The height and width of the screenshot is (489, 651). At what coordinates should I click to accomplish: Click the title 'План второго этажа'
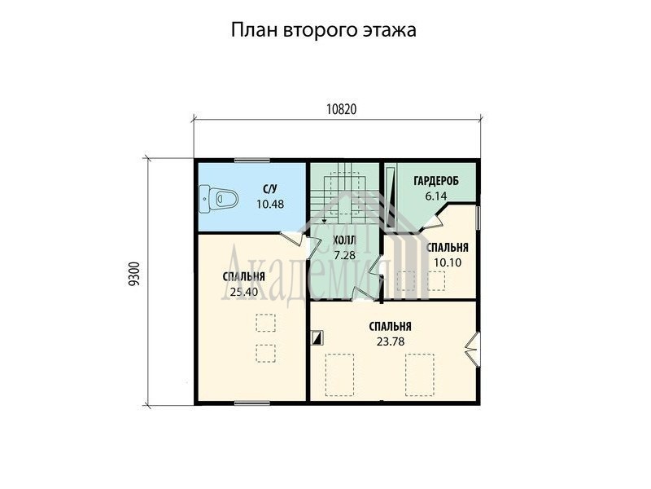click(x=323, y=31)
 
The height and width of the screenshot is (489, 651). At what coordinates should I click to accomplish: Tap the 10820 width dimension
click(x=341, y=109)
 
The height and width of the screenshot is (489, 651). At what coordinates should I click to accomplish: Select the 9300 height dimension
click(x=134, y=274)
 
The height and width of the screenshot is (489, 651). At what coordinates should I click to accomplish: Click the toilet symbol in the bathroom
click(x=218, y=199)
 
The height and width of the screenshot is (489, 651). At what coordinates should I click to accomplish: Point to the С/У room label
click(x=270, y=190)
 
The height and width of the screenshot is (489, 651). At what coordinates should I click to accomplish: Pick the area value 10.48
click(x=270, y=205)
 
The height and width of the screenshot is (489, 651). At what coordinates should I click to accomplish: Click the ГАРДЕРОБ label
click(x=436, y=181)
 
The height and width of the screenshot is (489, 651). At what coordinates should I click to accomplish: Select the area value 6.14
click(x=435, y=196)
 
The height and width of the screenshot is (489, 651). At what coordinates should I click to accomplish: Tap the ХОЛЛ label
click(x=344, y=240)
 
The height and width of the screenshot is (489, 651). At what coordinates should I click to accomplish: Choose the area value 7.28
click(x=344, y=255)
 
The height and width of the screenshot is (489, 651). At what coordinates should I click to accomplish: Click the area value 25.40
click(x=244, y=292)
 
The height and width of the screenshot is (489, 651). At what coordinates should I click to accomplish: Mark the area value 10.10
click(x=448, y=262)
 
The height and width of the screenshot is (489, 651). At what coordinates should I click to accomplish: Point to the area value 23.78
click(x=391, y=341)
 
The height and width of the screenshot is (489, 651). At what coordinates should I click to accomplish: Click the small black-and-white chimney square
click(x=317, y=337)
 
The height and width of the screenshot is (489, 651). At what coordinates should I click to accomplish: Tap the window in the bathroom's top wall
click(x=252, y=161)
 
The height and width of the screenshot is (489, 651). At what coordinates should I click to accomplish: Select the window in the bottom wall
click(x=252, y=403)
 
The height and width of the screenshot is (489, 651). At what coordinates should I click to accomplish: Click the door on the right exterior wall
click(x=473, y=350)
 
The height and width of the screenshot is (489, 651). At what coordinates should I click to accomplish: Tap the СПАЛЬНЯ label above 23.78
click(x=391, y=327)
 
